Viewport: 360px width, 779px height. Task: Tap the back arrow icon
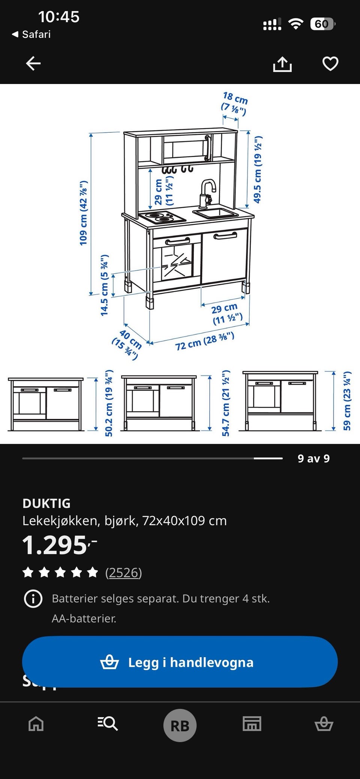click(x=33, y=63)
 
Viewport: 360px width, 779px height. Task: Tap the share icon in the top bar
click(x=282, y=64)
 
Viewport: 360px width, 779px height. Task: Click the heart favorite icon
click(x=330, y=63)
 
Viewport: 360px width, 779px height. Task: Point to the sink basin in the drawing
click(x=216, y=214)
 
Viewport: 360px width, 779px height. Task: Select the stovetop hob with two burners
click(x=162, y=217)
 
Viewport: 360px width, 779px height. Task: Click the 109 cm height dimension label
click(x=83, y=213)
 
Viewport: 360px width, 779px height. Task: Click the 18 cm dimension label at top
click(x=234, y=103)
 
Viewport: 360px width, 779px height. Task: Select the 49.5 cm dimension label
click(x=258, y=169)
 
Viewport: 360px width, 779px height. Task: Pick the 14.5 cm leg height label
click(x=105, y=285)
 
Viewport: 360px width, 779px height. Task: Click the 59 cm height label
click(x=347, y=400)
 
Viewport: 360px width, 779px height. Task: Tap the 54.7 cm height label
click(x=225, y=403)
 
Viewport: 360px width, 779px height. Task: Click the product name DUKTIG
click(x=46, y=503)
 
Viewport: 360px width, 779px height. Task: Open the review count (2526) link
click(x=123, y=572)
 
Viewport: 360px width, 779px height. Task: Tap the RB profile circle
click(x=180, y=725)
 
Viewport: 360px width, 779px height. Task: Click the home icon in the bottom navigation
click(x=36, y=724)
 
